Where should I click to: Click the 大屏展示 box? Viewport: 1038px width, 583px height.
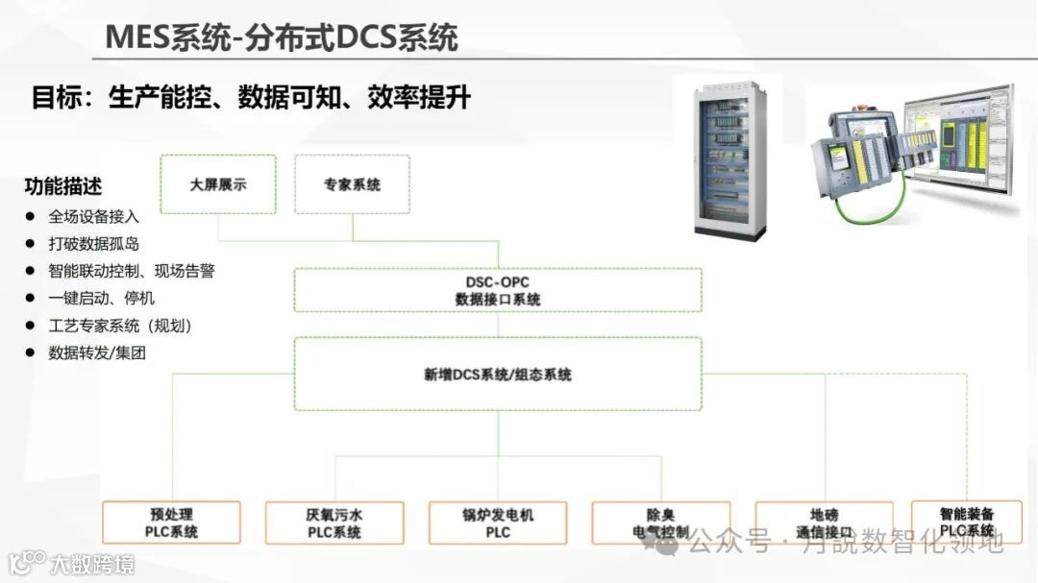point(218,184)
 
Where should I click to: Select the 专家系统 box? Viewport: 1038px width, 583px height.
point(352,184)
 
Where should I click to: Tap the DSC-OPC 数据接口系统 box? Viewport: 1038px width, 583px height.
point(497,291)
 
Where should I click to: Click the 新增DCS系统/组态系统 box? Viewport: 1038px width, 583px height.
point(497,374)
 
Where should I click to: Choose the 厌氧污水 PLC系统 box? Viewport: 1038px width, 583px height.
point(334,522)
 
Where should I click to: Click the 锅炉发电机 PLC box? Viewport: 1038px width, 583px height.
point(497,522)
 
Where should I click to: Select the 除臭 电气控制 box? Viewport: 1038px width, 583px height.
point(659,522)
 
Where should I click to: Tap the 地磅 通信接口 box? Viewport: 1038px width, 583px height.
point(824,522)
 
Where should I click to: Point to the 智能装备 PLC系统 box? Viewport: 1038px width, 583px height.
point(966,522)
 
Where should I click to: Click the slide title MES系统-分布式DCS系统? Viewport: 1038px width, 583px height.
point(281,37)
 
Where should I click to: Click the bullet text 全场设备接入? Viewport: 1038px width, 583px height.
point(94,216)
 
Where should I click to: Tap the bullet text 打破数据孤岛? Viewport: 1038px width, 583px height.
point(94,244)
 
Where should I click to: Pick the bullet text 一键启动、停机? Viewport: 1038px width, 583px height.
point(102,299)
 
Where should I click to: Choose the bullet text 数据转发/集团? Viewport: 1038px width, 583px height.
point(97,353)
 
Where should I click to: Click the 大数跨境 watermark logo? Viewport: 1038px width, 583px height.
point(72,562)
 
